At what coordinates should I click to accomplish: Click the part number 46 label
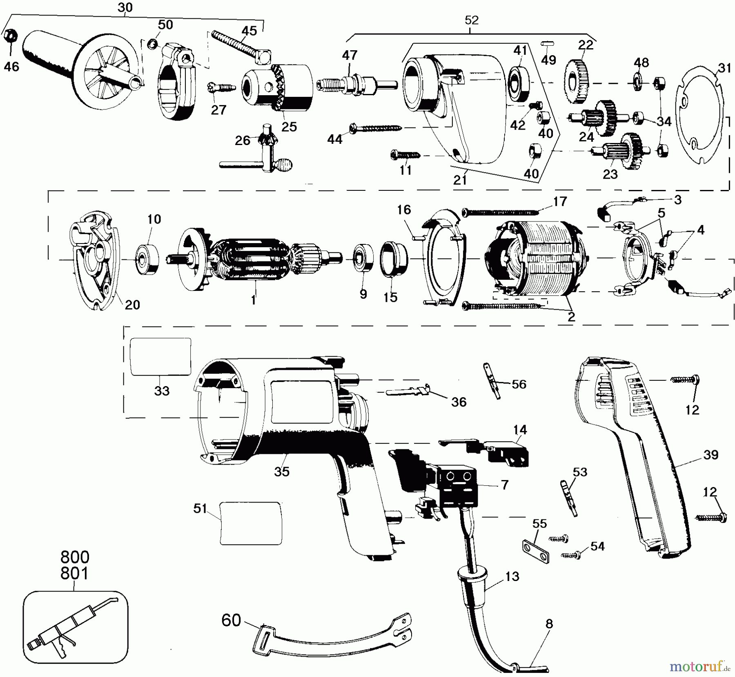pos(11,66)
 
